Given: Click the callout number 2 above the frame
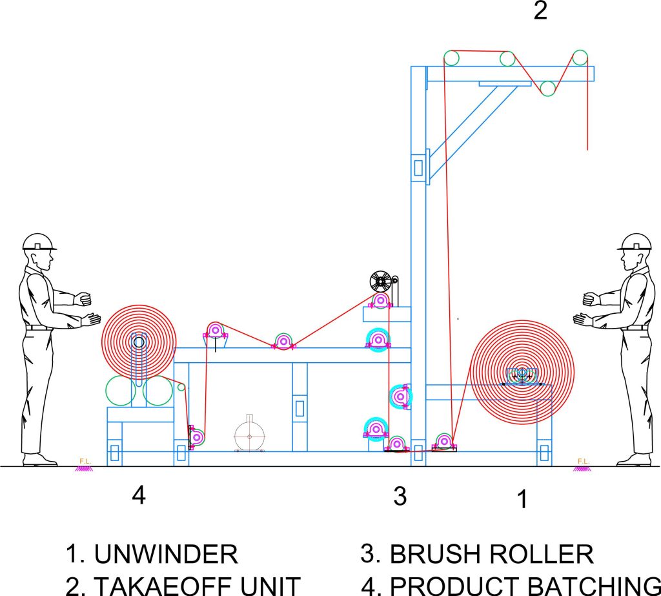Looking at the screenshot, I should pyautogui.click(x=540, y=11).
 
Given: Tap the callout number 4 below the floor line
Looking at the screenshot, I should pyautogui.click(x=139, y=495).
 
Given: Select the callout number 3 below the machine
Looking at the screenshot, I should pyautogui.click(x=400, y=496).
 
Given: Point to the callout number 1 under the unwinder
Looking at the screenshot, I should pyautogui.click(x=523, y=498).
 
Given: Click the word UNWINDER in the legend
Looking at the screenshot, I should pyautogui.click(x=166, y=554).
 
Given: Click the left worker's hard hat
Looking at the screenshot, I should pyautogui.click(x=39, y=242).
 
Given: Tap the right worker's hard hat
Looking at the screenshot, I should pyautogui.click(x=634, y=242).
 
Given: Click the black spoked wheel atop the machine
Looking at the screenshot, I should pyautogui.click(x=381, y=282).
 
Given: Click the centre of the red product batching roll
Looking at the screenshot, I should pyautogui.click(x=139, y=340).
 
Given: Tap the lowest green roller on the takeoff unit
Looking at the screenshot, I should pyautogui.click(x=549, y=88).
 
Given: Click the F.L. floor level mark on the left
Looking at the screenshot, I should pyautogui.click(x=83, y=464).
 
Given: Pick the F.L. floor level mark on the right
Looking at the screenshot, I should pyautogui.click(x=582, y=464).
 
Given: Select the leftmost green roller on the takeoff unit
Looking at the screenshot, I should pyautogui.click(x=451, y=58).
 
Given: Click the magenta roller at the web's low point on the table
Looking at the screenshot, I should pyautogui.click(x=283, y=342).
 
